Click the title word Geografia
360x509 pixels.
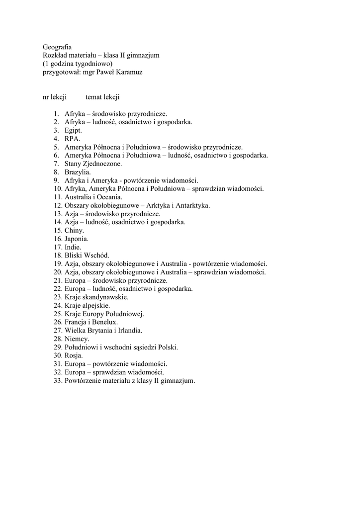pos(57,47)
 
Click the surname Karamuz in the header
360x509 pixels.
pos(128,72)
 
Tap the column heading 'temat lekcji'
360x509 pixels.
pos(102,97)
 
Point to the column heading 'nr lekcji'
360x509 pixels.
pos(55,97)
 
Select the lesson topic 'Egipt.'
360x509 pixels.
pos(73,130)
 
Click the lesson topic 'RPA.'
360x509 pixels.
pos(72,139)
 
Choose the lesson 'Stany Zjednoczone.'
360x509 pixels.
pos(93,164)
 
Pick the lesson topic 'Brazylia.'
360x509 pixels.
pos(78,172)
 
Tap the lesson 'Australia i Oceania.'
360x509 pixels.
pos(93,197)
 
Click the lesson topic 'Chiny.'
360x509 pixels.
pos(74,231)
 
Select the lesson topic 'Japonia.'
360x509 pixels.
pos(77,239)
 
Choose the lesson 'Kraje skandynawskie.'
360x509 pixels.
pos(96,297)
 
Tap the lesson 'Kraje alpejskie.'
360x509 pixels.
pos(88,306)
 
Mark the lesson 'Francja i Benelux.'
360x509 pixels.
pos(91,322)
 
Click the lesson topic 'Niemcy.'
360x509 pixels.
pos(77,339)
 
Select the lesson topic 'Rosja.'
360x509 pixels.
pos(74,356)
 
